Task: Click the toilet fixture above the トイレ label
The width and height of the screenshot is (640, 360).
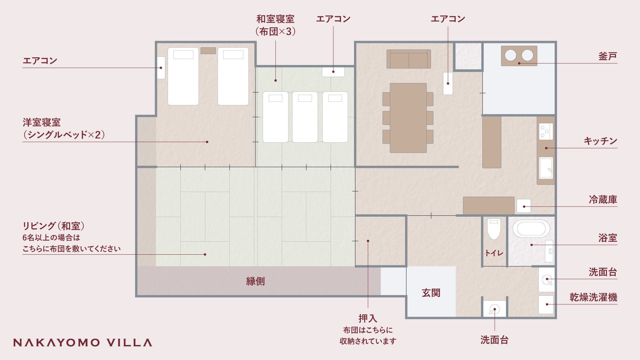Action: click(494, 229)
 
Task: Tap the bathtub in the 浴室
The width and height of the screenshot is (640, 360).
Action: click(531, 229)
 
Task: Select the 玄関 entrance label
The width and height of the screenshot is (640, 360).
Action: click(431, 293)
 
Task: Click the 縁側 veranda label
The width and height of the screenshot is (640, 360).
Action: click(255, 281)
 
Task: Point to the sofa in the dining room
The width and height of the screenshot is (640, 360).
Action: click(409, 59)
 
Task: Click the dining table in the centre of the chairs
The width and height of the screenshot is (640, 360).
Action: click(408, 118)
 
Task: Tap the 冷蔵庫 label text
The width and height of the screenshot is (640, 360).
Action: click(603, 200)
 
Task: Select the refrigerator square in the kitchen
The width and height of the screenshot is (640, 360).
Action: click(524, 206)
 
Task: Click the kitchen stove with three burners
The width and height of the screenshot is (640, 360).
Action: click(546, 131)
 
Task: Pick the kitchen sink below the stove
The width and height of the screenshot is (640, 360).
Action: click(546, 168)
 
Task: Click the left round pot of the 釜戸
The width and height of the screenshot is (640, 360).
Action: click(510, 55)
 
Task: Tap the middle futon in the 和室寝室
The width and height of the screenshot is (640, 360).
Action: click(305, 117)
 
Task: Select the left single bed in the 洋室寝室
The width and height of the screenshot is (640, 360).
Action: click(183, 76)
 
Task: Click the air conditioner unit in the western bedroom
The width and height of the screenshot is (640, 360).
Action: click(161, 68)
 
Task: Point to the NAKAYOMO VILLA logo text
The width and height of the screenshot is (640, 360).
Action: click(83, 343)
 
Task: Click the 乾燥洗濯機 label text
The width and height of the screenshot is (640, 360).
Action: click(593, 297)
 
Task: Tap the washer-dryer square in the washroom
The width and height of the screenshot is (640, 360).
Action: click(546, 305)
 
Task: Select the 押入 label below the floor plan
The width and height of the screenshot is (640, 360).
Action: click(368, 319)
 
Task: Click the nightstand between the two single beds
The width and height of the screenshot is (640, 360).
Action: click(208, 51)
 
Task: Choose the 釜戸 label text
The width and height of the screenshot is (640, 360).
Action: click(608, 56)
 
